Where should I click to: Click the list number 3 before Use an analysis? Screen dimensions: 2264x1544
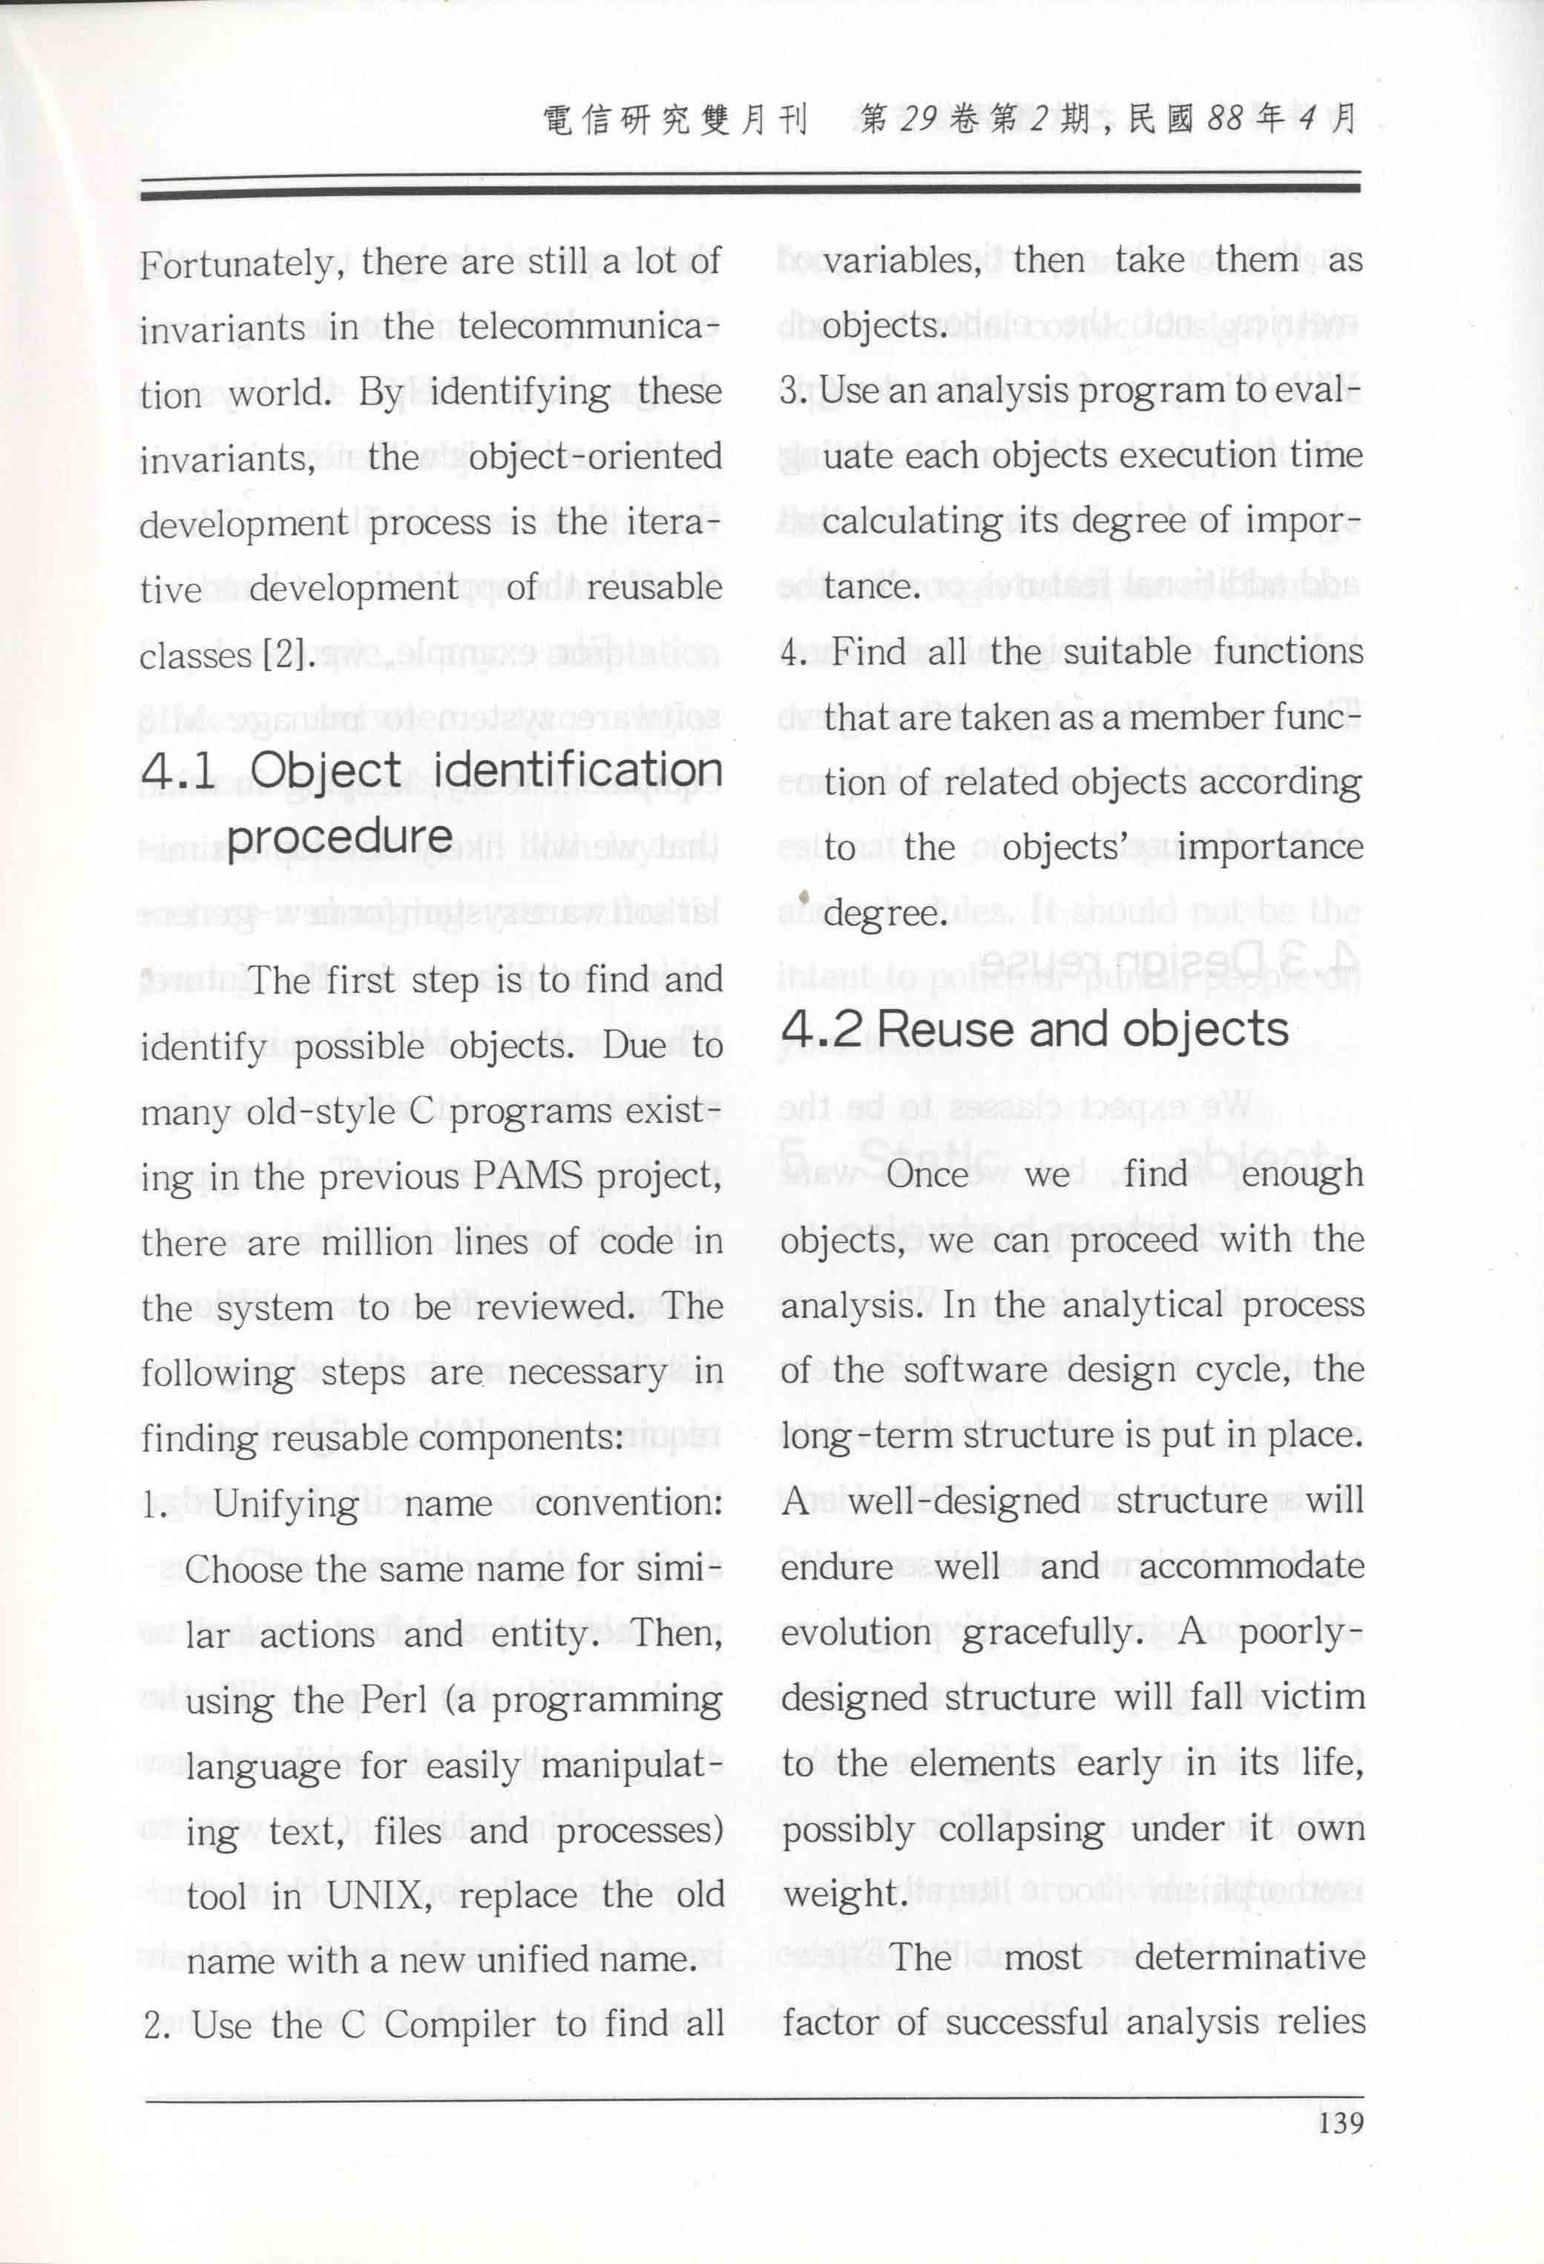pos(789,390)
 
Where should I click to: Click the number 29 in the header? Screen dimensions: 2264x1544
pos(918,119)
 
